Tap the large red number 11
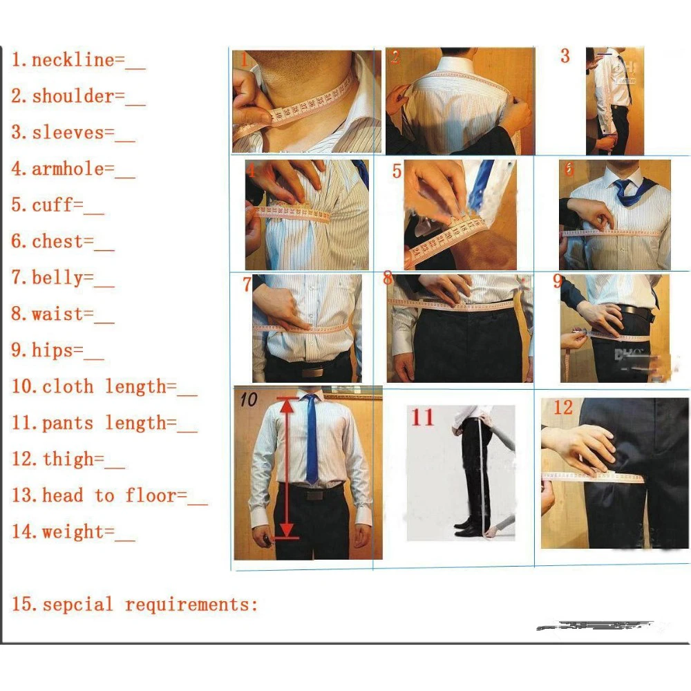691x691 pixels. point(422,417)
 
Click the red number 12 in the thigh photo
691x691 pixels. point(562,408)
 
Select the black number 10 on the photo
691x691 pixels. point(248,399)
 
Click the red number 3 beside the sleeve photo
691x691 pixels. point(565,56)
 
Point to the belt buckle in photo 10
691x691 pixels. point(315,495)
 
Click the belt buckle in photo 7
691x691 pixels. point(312,371)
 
